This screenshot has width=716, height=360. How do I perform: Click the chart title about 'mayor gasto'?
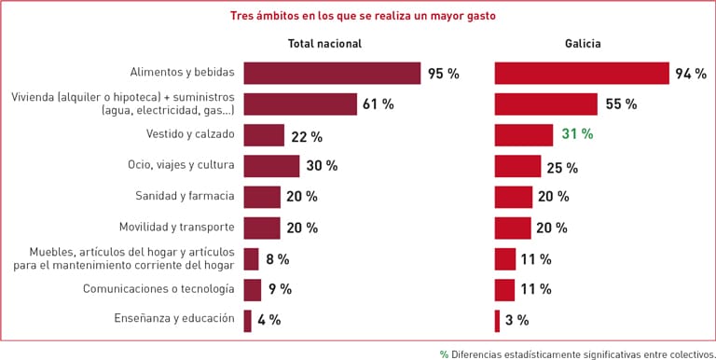point(364,16)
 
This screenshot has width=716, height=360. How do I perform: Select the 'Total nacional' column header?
point(324,44)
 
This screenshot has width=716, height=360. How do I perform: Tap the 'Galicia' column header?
point(583,44)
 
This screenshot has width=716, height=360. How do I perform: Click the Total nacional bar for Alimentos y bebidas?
point(332,74)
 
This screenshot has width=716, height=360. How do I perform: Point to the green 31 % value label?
point(577,134)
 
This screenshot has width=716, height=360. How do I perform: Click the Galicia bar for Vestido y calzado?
point(524,134)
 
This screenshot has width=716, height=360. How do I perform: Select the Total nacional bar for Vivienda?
point(300,104)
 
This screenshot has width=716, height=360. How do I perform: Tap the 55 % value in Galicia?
point(621,104)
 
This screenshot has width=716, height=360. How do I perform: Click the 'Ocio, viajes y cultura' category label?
point(181,165)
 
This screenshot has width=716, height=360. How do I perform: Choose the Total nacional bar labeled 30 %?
point(271,166)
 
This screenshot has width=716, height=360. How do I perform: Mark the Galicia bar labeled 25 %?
point(517,167)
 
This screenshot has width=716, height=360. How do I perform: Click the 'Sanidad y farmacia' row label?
point(185,196)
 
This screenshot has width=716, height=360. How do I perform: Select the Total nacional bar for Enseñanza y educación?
point(247,320)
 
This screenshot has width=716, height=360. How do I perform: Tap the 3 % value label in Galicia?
point(516,321)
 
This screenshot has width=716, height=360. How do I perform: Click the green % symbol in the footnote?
point(444,353)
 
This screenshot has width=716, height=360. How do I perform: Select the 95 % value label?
point(443,74)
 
